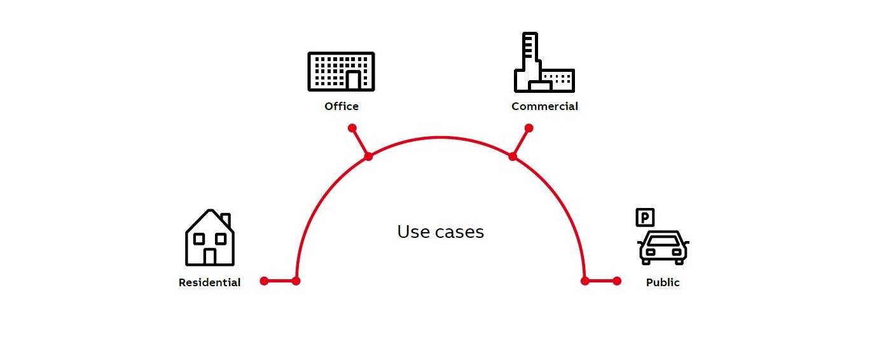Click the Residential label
209,282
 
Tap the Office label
342,106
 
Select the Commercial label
544,106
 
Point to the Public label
663,282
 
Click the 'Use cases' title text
440,232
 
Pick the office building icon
342,71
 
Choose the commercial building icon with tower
544,64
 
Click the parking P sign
645,218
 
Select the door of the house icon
210,256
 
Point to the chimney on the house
225,219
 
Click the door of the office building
353,80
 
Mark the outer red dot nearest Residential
264,280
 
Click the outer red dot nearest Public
616,280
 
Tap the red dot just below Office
352,128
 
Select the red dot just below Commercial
529,128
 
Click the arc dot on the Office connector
368,156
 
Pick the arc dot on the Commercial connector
513,156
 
